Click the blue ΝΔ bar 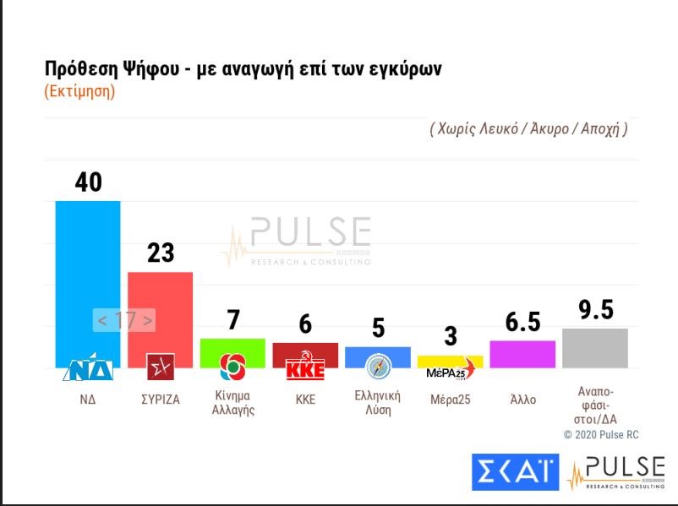coord(87,270)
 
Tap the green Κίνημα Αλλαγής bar coord(232,346)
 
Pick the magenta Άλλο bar coord(522,354)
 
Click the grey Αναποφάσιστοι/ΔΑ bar coord(595,347)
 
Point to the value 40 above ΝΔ coord(88,182)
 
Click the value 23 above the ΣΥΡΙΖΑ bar coord(161,253)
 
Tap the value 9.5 coord(595,310)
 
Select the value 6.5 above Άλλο coord(522,322)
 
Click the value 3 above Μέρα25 coord(451,336)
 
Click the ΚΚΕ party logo coord(305,367)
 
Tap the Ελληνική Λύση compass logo coord(378,367)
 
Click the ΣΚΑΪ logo coord(515,471)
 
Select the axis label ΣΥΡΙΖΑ coord(160,400)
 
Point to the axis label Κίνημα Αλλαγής coord(232,404)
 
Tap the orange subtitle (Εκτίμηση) coord(79,91)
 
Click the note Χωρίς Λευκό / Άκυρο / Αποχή coord(529,129)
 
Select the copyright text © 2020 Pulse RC coord(601,434)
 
